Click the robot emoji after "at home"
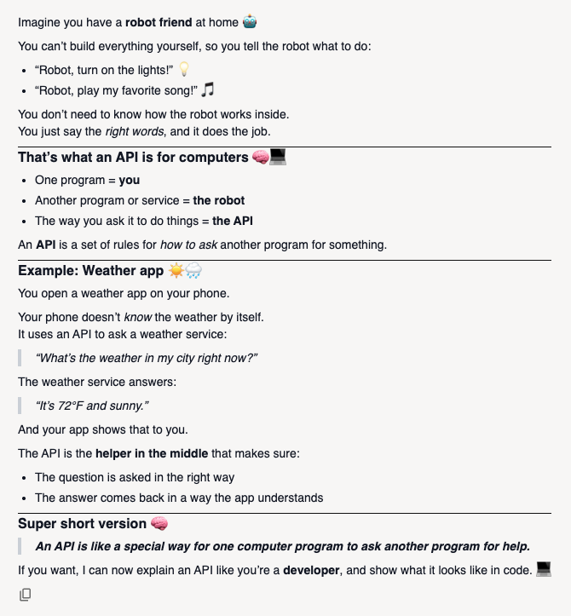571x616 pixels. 250,22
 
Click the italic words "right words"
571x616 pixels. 133,132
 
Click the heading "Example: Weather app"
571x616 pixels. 90,272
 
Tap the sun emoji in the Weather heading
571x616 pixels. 176,272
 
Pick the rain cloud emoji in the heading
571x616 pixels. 193,272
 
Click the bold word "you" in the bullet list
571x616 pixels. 130,180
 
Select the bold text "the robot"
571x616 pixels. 219,200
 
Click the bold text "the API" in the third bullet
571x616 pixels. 233,221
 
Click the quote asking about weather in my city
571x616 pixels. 147,358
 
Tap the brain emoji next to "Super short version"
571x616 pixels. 159,523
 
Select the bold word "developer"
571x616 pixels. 320,569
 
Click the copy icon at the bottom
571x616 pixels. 26,594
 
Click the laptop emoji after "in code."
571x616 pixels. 544,569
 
